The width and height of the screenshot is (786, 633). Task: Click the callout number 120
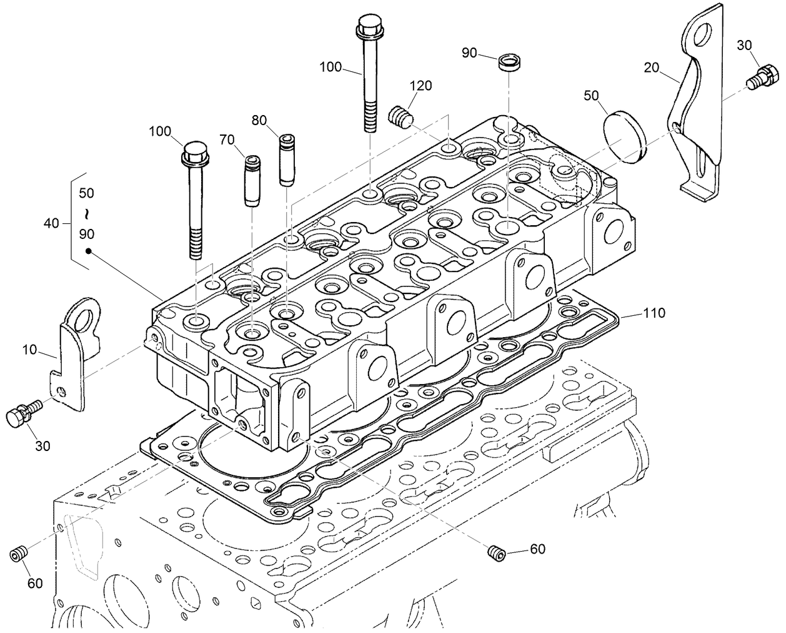(x=420, y=86)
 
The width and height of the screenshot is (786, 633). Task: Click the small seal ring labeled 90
(x=509, y=63)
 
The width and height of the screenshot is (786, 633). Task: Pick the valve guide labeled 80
(x=286, y=160)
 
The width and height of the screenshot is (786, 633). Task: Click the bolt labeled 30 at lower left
(x=22, y=415)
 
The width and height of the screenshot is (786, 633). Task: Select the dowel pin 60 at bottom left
(x=19, y=554)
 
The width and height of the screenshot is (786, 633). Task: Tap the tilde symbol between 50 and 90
(x=87, y=214)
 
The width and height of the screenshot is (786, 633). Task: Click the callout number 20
(x=652, y=68)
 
